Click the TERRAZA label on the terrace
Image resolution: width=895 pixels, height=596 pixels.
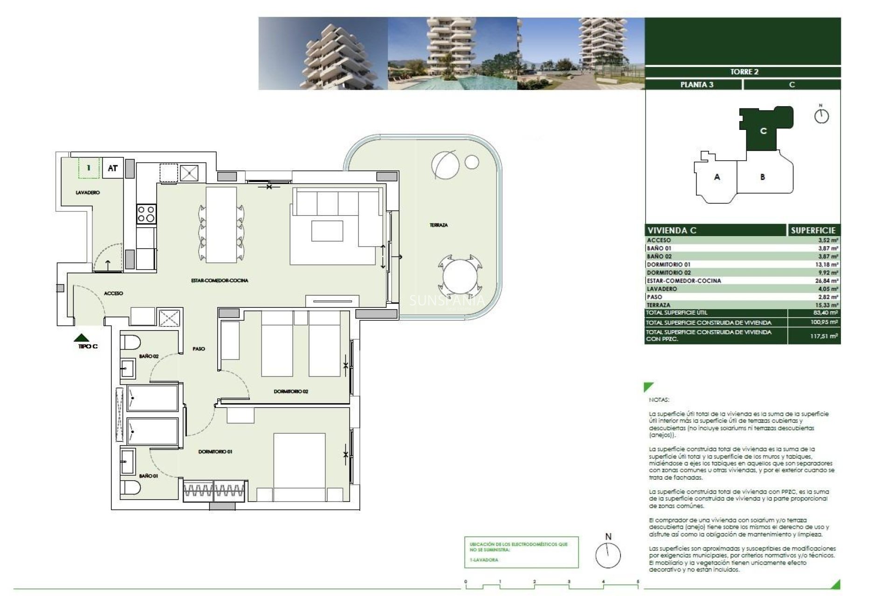tap(438, 225)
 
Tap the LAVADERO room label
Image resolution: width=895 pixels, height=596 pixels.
tap(88, 192)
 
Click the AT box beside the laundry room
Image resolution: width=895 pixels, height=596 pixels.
tap(113, 168)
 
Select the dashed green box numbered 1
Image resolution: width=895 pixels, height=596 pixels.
tap(89, 168)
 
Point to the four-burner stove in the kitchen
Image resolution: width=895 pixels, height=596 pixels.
tap(146, 214)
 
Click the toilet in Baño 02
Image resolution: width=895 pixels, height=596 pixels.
tap(131, 343)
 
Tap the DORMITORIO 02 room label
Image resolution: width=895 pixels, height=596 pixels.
tap(291, 392)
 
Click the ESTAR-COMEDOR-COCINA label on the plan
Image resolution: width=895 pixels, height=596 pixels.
tap(220, 280)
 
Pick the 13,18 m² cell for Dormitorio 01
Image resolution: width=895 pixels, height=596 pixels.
tap(828, 264)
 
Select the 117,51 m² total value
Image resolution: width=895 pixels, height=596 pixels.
tap(824, 336)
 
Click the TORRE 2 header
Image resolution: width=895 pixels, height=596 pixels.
tap(744, 72)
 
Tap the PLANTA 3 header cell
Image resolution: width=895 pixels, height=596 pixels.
tap(696, 85)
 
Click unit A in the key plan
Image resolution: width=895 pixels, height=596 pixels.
tap(717, 177)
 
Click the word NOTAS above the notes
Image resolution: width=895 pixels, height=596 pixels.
tap(659, 400)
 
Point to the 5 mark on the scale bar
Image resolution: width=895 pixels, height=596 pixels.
tap(638, 582)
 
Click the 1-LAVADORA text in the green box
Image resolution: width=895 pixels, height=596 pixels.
tap(484, 560)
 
